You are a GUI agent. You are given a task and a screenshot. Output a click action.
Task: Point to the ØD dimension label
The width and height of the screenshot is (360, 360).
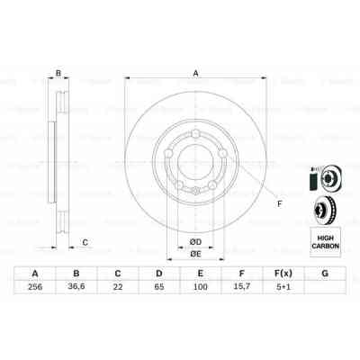click(193, 241)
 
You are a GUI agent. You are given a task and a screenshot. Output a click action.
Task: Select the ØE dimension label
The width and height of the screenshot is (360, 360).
click(193, 256)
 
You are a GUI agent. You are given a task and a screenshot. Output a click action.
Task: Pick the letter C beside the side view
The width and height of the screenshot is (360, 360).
click(84, 241)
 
